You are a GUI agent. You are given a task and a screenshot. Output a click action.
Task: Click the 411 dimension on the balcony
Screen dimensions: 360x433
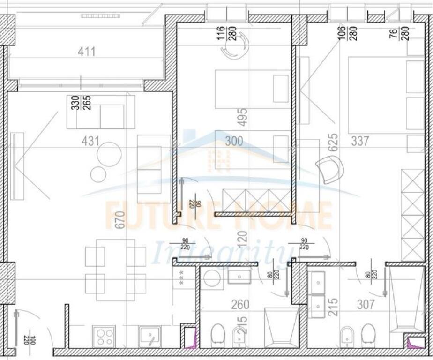(x=87, y=51)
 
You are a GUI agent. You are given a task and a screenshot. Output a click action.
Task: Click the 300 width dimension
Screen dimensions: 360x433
(x=234, y=141)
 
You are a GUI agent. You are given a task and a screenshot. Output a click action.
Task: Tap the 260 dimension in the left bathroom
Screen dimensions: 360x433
(x=240, y=305)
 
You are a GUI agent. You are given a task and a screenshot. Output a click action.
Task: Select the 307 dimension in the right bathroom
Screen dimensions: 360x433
(x=366, y=305)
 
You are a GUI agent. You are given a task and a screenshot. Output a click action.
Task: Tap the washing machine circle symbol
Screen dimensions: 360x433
(x=213, y=278)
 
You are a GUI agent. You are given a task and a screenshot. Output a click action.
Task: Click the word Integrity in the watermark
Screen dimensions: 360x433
(x=220, y=254)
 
